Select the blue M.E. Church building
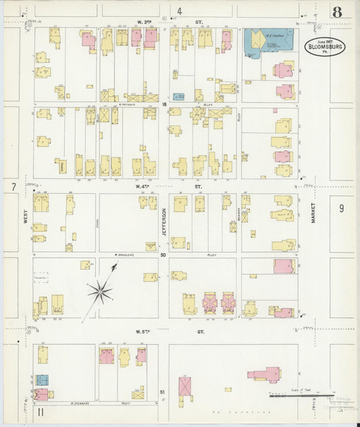[267, 43]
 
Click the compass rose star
[100, 292]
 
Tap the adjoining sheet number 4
[180, 11]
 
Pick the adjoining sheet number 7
[13, 186]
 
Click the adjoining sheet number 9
[341, 208]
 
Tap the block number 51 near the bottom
[162, 391]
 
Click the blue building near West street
[42, 380]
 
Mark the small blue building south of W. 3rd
[178, 97]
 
